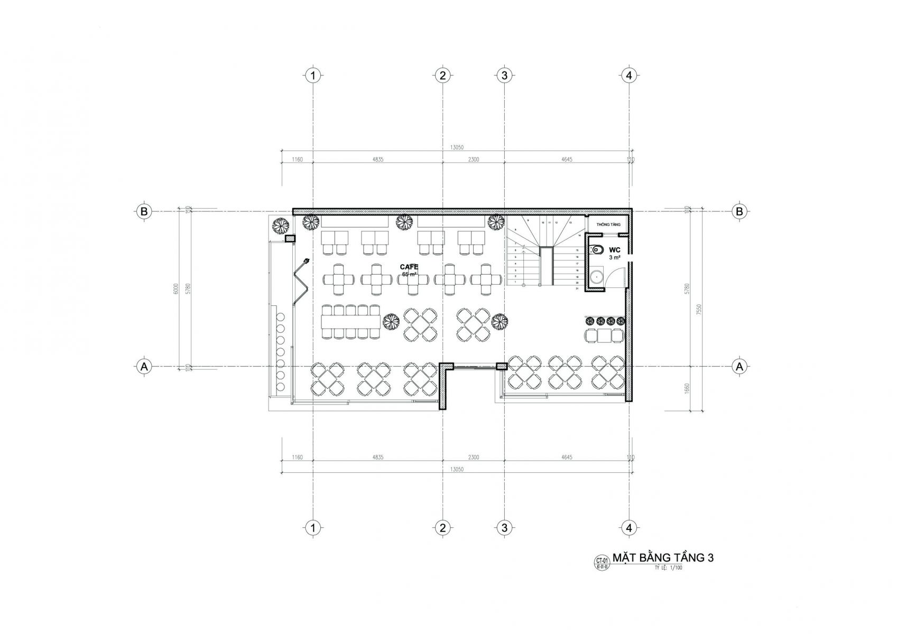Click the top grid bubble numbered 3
click(x=504, y=75)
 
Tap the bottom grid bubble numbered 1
click(x=313, y=527)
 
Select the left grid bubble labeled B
click(x=143, y=211)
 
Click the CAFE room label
click(x=409, y=267)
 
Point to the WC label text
click(x=614, y=249)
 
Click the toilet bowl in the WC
click(x=598, y=250)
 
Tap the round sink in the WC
click(x=597, y=276)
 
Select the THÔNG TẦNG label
click(x=607, y=225)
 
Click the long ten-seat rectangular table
click(x=350, y=321)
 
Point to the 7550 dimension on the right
click(x=699, y=309)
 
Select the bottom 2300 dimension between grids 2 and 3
click(x=473, y=457)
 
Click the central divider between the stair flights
click(x=546, y=266)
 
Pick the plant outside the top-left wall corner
click(x=280, y=226)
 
